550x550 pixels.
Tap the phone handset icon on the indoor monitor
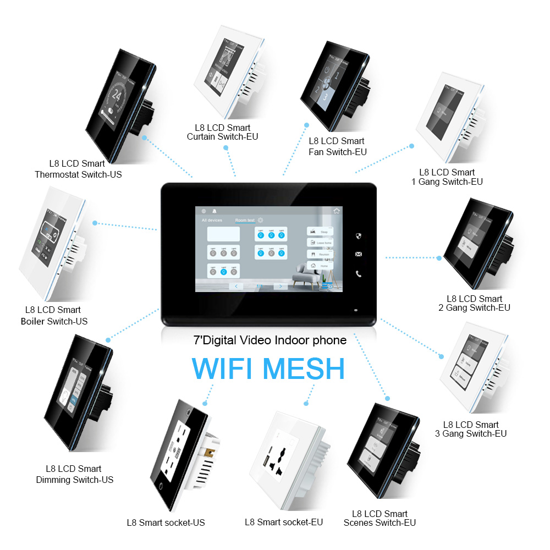[359, 274]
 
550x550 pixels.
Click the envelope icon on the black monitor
[359, 254]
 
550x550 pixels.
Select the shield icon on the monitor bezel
[359, 236]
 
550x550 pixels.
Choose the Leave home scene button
[321, 243]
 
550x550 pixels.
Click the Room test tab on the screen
[245, 221]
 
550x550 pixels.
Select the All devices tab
[212, 221]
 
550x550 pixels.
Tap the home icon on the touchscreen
[337, 210]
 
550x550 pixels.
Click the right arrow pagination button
[280, 286]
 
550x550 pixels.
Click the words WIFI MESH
[268, 369]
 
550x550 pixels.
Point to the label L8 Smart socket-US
[166, 522]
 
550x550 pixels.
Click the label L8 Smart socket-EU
[284, 522]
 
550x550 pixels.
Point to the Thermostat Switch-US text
[78, 174]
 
